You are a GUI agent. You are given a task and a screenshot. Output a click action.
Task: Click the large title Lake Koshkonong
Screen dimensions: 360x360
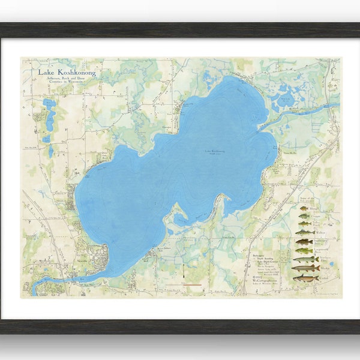(67, 73)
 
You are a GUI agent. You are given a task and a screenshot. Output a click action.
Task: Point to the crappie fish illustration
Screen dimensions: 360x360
(304, 217)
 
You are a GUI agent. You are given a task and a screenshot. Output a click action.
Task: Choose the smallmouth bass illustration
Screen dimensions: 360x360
(304, 242)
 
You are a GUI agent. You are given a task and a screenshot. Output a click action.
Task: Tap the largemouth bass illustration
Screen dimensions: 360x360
(304, 250)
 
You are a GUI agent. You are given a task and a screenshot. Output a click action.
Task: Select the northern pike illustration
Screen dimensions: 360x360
(305, 259)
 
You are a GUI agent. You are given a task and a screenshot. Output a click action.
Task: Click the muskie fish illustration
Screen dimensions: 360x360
(305, 268)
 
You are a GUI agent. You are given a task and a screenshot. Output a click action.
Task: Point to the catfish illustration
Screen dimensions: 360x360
(305, 278)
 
